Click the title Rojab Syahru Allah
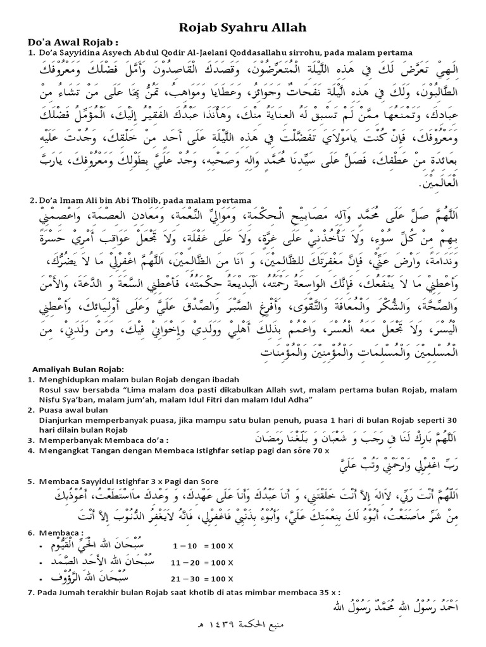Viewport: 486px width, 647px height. pos(244,28)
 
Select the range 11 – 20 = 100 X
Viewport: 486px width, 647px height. pos(202,560)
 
